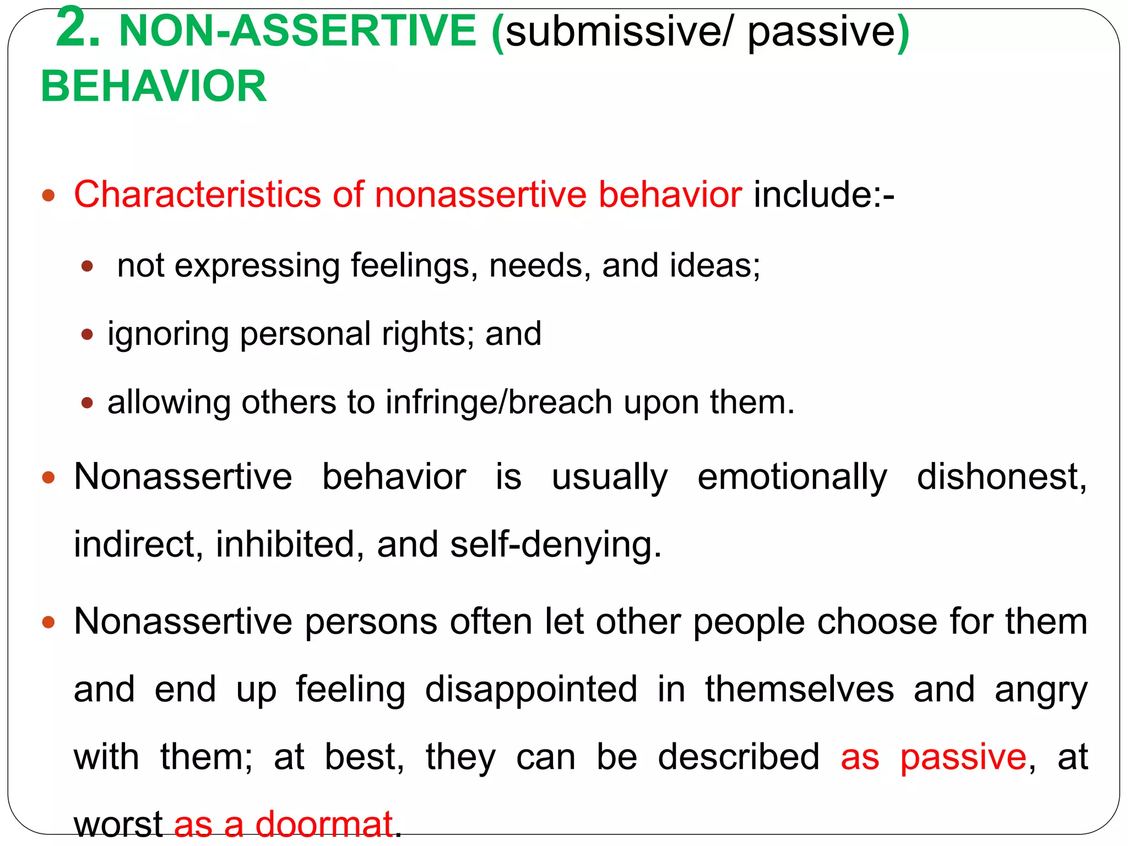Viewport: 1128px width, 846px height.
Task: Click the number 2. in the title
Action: click(x=78, y=29)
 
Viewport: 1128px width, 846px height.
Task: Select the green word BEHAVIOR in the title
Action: click(x=154, y=86)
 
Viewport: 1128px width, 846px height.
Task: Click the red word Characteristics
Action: click(x=197, y=194)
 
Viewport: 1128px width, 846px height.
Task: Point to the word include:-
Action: click(x=824, y=194)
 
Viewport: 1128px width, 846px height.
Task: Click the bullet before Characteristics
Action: click(x=49, y=195)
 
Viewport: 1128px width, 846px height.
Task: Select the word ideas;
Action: click(x=715, y=265)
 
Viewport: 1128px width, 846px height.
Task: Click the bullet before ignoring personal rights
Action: click(x=87, y=334)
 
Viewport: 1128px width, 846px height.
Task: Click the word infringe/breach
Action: click(x=498, y=402)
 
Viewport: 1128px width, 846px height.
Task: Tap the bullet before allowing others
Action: click(x=87, y=403)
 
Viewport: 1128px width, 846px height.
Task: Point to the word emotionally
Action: click(x=792, y=476)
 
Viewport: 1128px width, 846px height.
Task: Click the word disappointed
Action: click(x=531, y=689)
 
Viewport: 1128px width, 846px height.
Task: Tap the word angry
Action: click(x=1041, y=689)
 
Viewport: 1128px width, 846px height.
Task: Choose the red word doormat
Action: click(x=324, y=824)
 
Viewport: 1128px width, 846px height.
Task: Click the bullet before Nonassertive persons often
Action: click(x=49, y=622)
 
